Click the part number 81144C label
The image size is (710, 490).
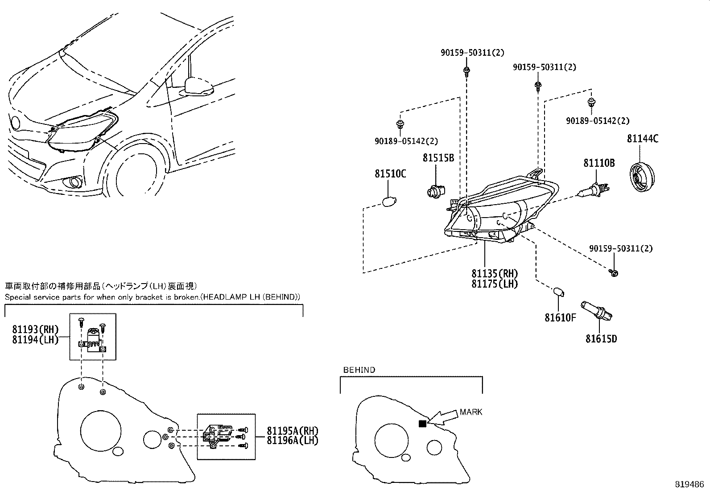642,139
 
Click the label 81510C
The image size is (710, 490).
390,174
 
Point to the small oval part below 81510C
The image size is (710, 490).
389,202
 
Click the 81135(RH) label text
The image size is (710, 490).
495,274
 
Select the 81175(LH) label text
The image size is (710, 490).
495,284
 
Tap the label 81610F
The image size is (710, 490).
560,318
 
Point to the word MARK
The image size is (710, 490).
471,412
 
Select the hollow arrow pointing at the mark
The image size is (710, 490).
444,417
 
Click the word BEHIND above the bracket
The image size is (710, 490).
359,370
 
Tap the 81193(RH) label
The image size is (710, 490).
35,329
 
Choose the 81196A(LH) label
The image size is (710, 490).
293,441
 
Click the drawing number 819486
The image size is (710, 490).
691,483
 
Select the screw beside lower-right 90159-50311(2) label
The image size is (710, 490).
614,272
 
